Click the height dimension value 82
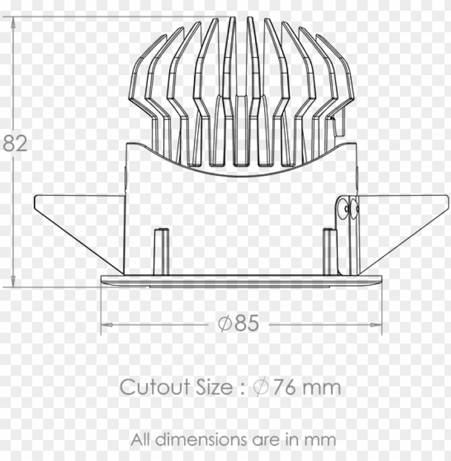click(x=15, y=144)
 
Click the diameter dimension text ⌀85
click(x=239, y=324)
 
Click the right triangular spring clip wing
click(x=403, y=225)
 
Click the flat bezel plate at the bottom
click(x=241, y=281)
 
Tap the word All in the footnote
click(x=142, y=440)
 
